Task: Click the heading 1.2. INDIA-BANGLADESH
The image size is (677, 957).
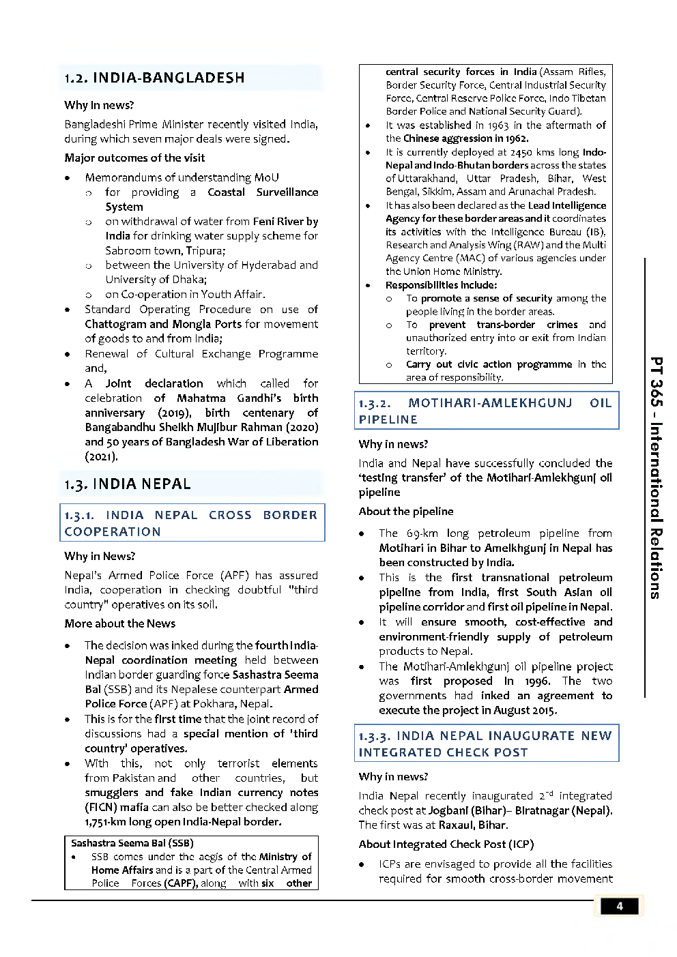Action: pyautogui.click(x=154, y=78)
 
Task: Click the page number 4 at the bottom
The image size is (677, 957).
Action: pyautogui.click(x=619, y=906)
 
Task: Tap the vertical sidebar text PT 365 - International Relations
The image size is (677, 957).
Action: pyautogui.click(x=655, y=477)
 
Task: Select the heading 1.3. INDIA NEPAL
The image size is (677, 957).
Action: pyautogui.click(x=128, y=484)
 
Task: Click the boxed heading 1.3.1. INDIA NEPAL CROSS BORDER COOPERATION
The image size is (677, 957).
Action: pyautogui.click(x=191, y=523)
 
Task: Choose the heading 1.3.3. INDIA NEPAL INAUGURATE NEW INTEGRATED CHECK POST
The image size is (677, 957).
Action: pyautogui.click(x=485, y=743)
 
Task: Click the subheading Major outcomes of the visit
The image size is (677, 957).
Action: pyautogui.click(x=134, y=158)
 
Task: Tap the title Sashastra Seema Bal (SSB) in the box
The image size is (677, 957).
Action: pyautogui.click(x=132, y=843)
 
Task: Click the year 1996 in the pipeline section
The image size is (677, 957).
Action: pyautogui.click(x=537, y=681)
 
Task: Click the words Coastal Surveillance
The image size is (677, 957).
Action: pyautogui.click(x=263, y=192)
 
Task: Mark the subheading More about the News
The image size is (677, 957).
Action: pyautogui.click(x=119, y=623)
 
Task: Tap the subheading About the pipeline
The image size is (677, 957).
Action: pyautogui.click(x=405, y=512)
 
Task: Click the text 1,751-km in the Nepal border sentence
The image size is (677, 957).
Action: pyautogui.click(x=106, y=822)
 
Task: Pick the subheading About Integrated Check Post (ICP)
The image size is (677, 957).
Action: pyautogui.click(x=446, y=844)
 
